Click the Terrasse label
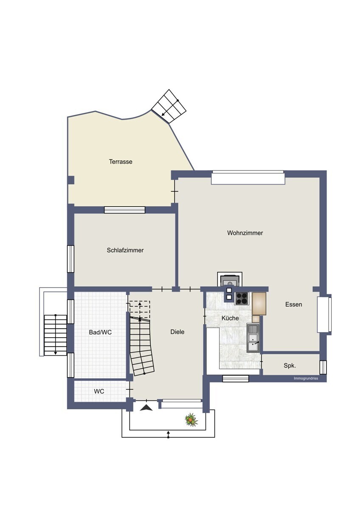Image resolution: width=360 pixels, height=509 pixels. (121, 162)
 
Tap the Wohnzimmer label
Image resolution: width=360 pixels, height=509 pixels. (245, 233)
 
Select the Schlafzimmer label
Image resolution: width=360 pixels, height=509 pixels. (125, 250)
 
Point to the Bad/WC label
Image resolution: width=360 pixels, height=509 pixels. (100, 333)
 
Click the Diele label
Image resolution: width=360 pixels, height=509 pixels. (177, 332)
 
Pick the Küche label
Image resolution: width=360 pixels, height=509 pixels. (230, 318)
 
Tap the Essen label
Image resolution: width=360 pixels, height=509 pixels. (294, 305)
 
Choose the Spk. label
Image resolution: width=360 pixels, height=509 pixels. (290, 366)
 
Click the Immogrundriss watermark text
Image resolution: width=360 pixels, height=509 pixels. (306, 378)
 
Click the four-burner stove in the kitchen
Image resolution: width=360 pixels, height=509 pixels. (242, 299)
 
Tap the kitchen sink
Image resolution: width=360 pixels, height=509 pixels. (253, 338)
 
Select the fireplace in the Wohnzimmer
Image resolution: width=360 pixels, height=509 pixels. (230, 280)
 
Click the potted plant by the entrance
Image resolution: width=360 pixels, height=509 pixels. (191, 419)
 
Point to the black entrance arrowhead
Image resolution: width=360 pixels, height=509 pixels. (146, 408)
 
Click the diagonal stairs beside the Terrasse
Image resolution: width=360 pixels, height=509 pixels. (169, 106)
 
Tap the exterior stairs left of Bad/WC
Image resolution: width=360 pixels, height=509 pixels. (55, 335)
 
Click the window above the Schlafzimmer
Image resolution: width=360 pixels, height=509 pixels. (125, 210)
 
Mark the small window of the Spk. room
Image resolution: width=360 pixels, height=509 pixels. (323, 367)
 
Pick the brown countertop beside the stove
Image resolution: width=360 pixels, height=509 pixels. (259, 304)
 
